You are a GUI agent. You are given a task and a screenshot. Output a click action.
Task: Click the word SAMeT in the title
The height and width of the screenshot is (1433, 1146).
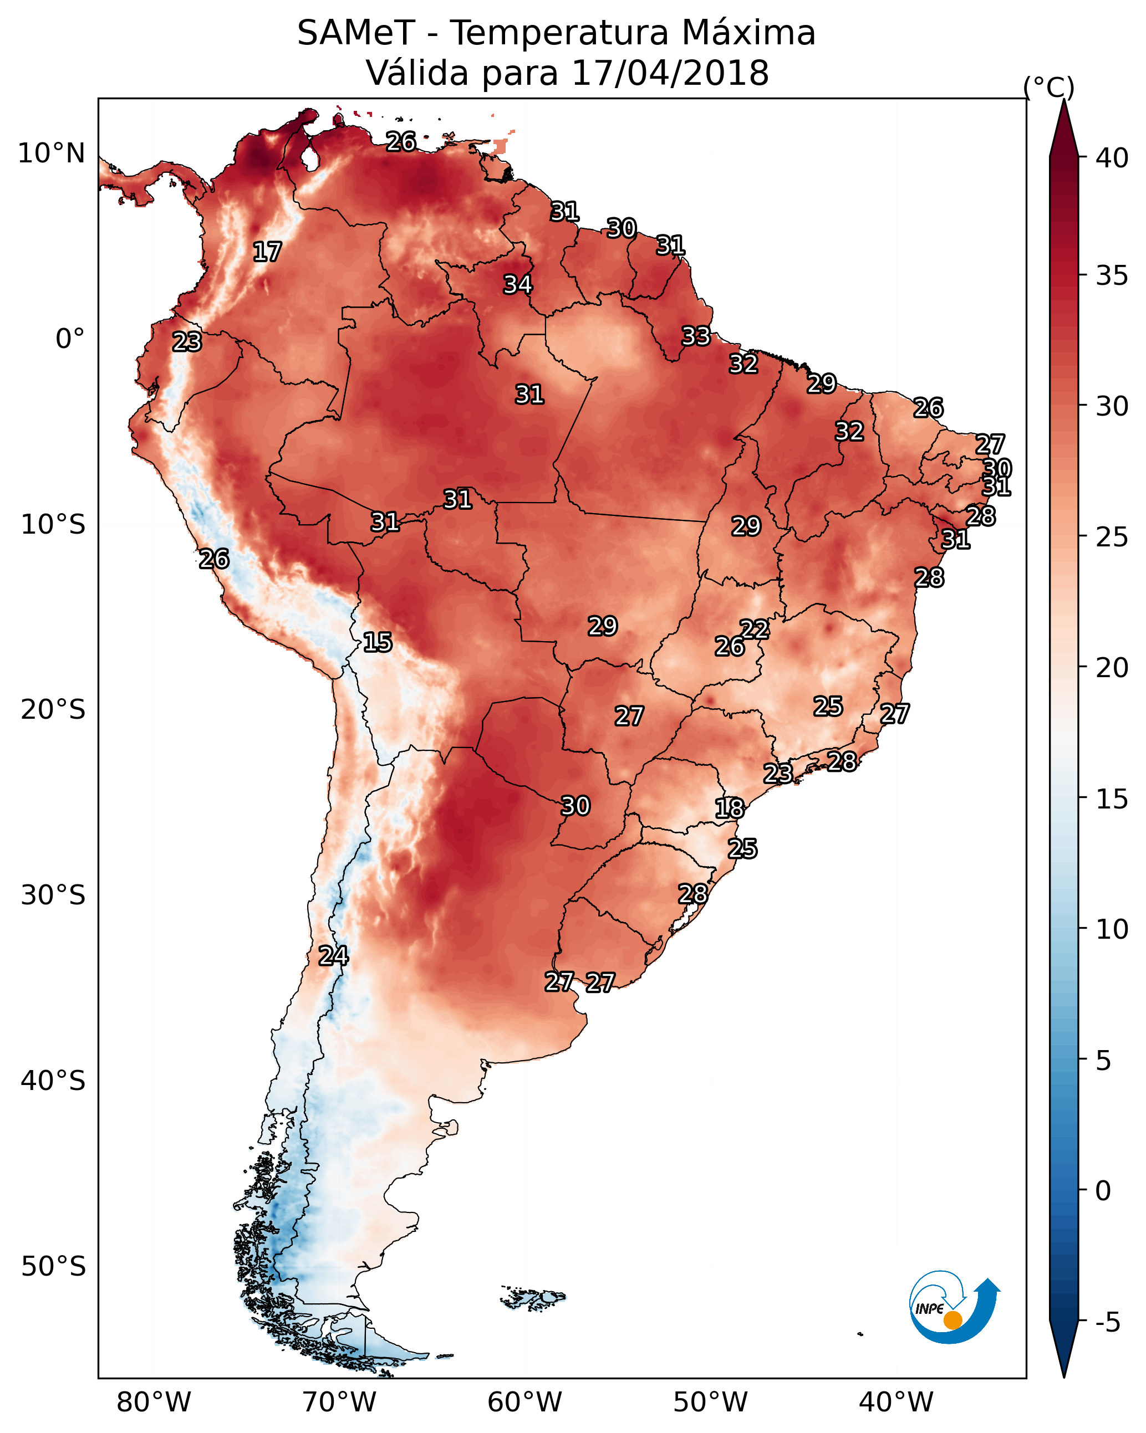click(356, 33)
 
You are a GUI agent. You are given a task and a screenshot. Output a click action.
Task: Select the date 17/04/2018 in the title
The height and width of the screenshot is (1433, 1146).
click(670, 73)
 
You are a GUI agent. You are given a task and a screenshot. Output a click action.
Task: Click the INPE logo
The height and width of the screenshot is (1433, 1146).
click(955, 1307)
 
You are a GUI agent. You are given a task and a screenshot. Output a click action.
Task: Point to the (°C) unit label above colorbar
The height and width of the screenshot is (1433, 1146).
click(1048, 87)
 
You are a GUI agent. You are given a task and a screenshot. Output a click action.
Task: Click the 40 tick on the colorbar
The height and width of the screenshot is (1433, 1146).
click(1112, 157)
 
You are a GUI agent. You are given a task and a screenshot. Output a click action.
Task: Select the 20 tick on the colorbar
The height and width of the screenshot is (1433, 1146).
click(1112, 667)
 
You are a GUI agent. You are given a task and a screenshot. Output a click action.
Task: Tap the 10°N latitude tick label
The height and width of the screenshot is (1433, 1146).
click(51, 153)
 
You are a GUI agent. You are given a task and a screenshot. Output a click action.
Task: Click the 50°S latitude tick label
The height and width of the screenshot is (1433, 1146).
click(53, 1267)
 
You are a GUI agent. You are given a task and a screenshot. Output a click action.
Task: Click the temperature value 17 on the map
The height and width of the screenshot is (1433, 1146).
click(267, 252)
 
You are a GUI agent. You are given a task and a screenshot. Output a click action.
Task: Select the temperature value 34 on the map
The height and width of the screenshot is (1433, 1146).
click(517, 284)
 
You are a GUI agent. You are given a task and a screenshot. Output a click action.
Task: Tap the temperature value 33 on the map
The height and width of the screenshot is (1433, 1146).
click(696, 336)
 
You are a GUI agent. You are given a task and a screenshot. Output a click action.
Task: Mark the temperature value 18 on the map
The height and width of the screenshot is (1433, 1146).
click(729, 808)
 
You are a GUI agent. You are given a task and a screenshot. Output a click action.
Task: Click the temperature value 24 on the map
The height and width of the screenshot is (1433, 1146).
click(333, 956)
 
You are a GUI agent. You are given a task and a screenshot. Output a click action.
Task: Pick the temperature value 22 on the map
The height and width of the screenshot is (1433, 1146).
click(754, 629)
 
